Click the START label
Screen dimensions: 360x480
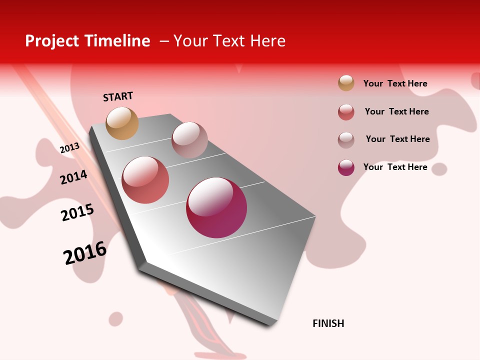coord(118,96)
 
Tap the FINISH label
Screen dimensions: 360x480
coord(328,323)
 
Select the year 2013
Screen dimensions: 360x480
coord(69,148)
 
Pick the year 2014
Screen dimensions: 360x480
coord(73,177)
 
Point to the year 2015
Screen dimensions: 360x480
coord(77,212)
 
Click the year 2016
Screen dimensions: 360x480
coord(85,253)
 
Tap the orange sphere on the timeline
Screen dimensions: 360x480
coord(122,123)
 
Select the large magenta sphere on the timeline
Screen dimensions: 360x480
coord(216,207)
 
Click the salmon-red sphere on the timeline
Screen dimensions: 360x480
coord(145,180)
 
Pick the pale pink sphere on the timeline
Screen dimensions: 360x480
coord(189,139)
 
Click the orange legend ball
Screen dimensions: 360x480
coord(346,83)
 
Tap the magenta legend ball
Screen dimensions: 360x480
coord(346,167)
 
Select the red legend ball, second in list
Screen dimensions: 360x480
coord(346,112)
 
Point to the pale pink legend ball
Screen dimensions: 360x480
coord(346,140)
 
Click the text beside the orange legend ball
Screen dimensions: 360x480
coord(395,83)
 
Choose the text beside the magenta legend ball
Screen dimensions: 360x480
coord(395,167)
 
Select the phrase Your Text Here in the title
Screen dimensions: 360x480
coord(229,41)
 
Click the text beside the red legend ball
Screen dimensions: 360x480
coord(396,111)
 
